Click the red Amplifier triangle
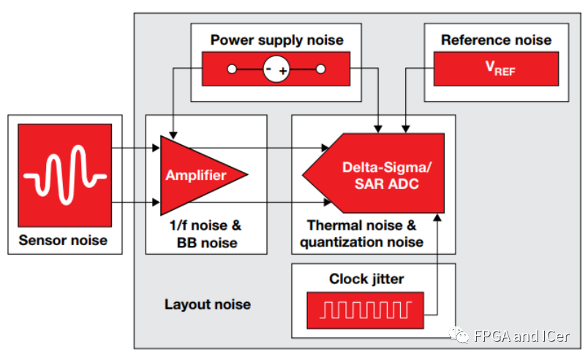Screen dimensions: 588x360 (x=195, y=175)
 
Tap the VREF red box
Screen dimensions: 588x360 (x=496, y=69)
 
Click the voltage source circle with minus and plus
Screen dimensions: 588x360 (x=276, y=69)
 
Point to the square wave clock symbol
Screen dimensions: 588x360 (x=366, y=310)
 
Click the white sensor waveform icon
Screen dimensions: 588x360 (x=65, y=175)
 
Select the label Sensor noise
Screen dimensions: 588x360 (x=63, y=240)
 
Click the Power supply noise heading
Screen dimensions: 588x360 (x=276, y=40)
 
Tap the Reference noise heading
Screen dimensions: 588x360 (x=496, y=40)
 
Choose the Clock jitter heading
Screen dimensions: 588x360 (x=366, y=279)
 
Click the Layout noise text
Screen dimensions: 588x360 (x=208, y=304)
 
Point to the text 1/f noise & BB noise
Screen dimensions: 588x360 (x=206, y=234)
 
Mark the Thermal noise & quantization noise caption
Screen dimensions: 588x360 (x=361, y=233)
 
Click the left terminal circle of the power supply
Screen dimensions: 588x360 (x=232, y=69)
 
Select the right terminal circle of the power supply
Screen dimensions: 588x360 (x=320, y=69)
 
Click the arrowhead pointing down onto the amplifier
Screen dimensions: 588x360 (x=173, y=135)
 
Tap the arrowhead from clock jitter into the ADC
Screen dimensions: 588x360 (x=437, y=217)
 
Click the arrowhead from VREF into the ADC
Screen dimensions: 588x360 (x=405, y=129)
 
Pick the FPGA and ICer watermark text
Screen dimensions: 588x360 (x=521, y=336)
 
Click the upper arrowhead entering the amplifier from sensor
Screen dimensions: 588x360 (x=156, y=148)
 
